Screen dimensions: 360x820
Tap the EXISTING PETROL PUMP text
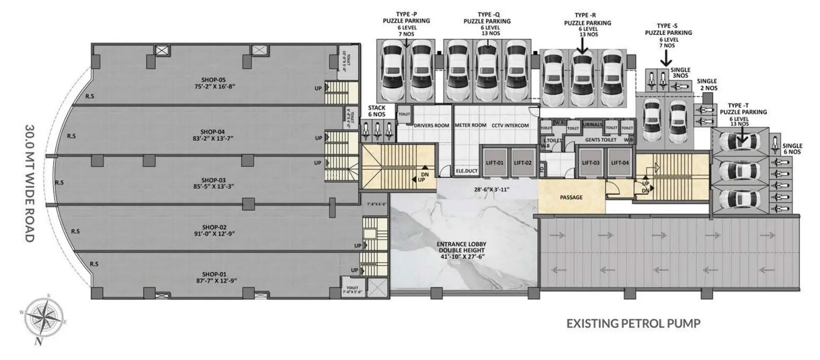(x=633, y=323)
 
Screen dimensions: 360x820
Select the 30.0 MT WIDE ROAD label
(x=30, y=183)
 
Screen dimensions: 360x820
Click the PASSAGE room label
(x=571, y=197)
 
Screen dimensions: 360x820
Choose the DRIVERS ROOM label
(x=431, y=125)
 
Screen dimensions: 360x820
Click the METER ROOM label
(x=470, y=125)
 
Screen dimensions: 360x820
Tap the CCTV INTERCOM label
(x=510, y=125)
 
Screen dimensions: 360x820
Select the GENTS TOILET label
(x=600, y=139)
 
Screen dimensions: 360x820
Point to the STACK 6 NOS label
(x=377, y=111)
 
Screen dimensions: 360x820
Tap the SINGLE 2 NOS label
(x=707, y=84)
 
